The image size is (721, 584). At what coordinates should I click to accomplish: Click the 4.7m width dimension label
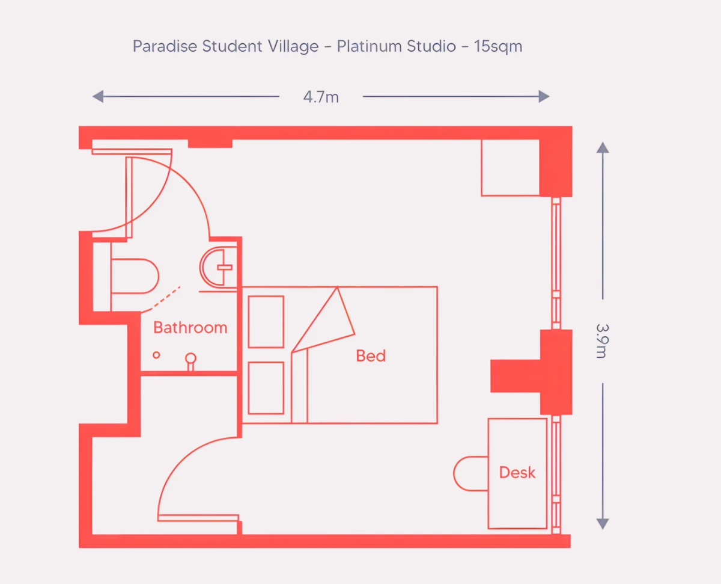point(321,97)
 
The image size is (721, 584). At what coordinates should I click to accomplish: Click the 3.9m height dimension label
point(602,341)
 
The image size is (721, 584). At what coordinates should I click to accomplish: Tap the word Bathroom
point(190,328)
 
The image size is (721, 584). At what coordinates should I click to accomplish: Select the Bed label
point(371,355)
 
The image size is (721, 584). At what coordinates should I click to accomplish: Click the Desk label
point(517,473)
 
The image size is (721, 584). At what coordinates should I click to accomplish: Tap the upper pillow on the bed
point(266,322)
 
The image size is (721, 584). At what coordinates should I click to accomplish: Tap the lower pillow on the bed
point(266,388)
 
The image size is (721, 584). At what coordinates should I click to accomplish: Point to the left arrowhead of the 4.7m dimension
point(98,97)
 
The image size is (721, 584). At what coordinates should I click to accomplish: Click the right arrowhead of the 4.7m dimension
point(544,97)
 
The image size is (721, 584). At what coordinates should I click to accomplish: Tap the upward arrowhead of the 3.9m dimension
point(603,148)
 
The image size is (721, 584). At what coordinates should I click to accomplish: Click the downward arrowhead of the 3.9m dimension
point(603,524)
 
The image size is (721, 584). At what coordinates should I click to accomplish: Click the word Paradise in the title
point(165,46)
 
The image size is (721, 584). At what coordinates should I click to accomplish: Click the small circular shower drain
point(156,355)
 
